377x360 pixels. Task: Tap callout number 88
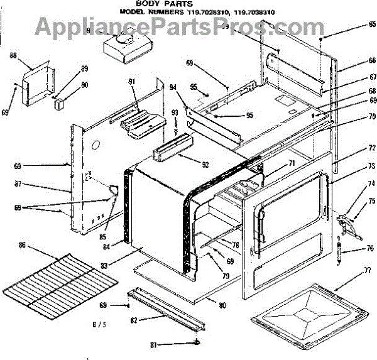(x=13, y=56)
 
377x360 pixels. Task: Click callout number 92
(x=188, y=166)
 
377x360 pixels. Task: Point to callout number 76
(x=371, y=248)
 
